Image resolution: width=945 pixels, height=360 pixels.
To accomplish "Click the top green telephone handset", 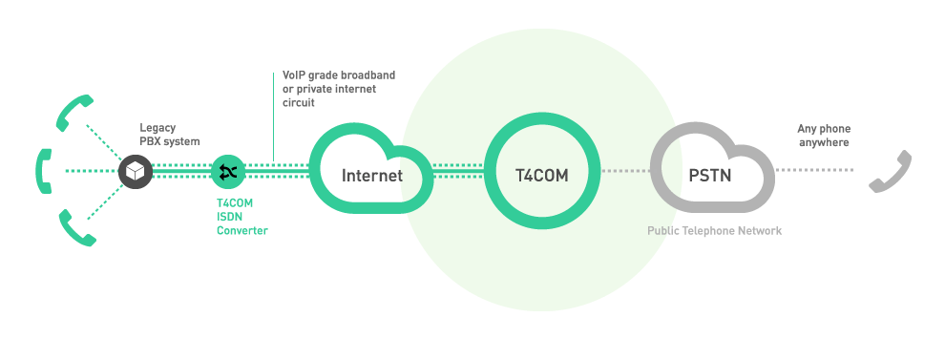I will pyautogui.click(x=74, y=112).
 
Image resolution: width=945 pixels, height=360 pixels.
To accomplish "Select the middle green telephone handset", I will pyautogui.click(x=42, y=171).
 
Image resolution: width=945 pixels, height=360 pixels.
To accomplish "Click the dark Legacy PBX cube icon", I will pyautogui.click(x=135, y=172).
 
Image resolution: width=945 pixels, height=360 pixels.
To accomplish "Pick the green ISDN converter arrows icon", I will pyautogui.click(x=228, y=172).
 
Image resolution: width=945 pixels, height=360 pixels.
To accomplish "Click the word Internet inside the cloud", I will pyautogui.click(x=372, y=176).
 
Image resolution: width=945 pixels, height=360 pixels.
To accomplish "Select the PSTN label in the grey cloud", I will pyautogui.click(x=710, y=176).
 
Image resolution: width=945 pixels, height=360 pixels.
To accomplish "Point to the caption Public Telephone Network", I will pyautogui.click(x=714, y=231).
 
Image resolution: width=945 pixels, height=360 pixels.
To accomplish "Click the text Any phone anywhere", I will pyautogui.click(x=824, y=136).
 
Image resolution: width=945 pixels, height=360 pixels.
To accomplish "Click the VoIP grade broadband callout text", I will pyautogui.click(x=338, y=88).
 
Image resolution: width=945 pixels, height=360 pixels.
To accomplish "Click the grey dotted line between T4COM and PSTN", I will pyautogui.click(x=626, y=172).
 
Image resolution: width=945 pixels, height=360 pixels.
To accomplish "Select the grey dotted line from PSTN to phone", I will pyautogui.click(x=817, y=172).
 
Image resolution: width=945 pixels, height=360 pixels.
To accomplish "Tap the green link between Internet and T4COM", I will pyautogui.click(x=458, y=172).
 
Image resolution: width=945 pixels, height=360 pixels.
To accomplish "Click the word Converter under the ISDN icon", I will pyautogui.click(x=242, y=230).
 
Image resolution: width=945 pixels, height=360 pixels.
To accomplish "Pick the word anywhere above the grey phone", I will pyautogui.click(x=824, y=142).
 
